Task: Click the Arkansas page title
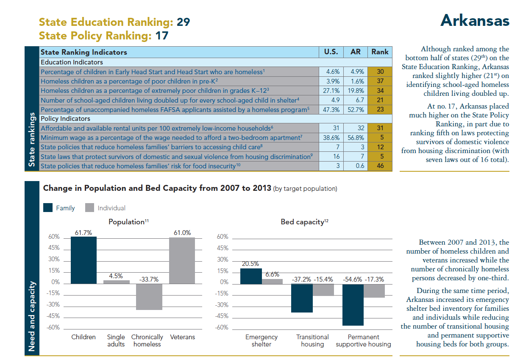click(475, 20)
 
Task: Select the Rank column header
click(380, 52)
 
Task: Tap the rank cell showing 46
click(380, 166)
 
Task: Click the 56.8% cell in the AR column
click(355, 137)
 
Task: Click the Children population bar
click(83, 260)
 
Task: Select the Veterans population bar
click(182, 260)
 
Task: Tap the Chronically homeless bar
click(149, 297)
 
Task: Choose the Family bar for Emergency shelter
click(251, 276)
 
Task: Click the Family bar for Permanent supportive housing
click(353, 304)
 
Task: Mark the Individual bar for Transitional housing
click(323, 290)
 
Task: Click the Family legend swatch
click(48, 208)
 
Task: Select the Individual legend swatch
click(89, 208)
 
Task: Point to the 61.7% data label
click(83, 232)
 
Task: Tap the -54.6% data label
click(353, 279)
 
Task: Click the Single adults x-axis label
click(116, 340)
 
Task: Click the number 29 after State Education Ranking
click(183, 22)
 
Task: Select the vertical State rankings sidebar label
click(32, 140)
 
